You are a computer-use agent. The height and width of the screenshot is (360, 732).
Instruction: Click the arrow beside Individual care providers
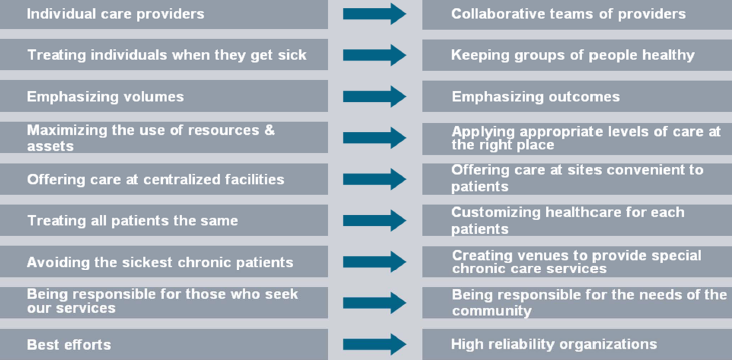tap(374, 14)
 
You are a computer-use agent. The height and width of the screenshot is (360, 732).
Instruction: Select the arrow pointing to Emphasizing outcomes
tap(374, 97)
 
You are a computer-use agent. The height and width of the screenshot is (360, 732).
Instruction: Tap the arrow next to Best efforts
tap(374, 345)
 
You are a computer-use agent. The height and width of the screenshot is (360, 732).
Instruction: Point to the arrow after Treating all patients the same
tap(374, 220)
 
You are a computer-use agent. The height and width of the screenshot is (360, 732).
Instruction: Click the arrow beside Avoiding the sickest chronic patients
tap(374, 261)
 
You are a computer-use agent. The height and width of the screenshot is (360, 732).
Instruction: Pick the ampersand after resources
tap(270, 130)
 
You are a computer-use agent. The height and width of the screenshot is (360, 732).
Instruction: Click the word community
tap(492, 311)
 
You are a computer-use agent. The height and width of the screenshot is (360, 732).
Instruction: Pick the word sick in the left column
tap(292, 55)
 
